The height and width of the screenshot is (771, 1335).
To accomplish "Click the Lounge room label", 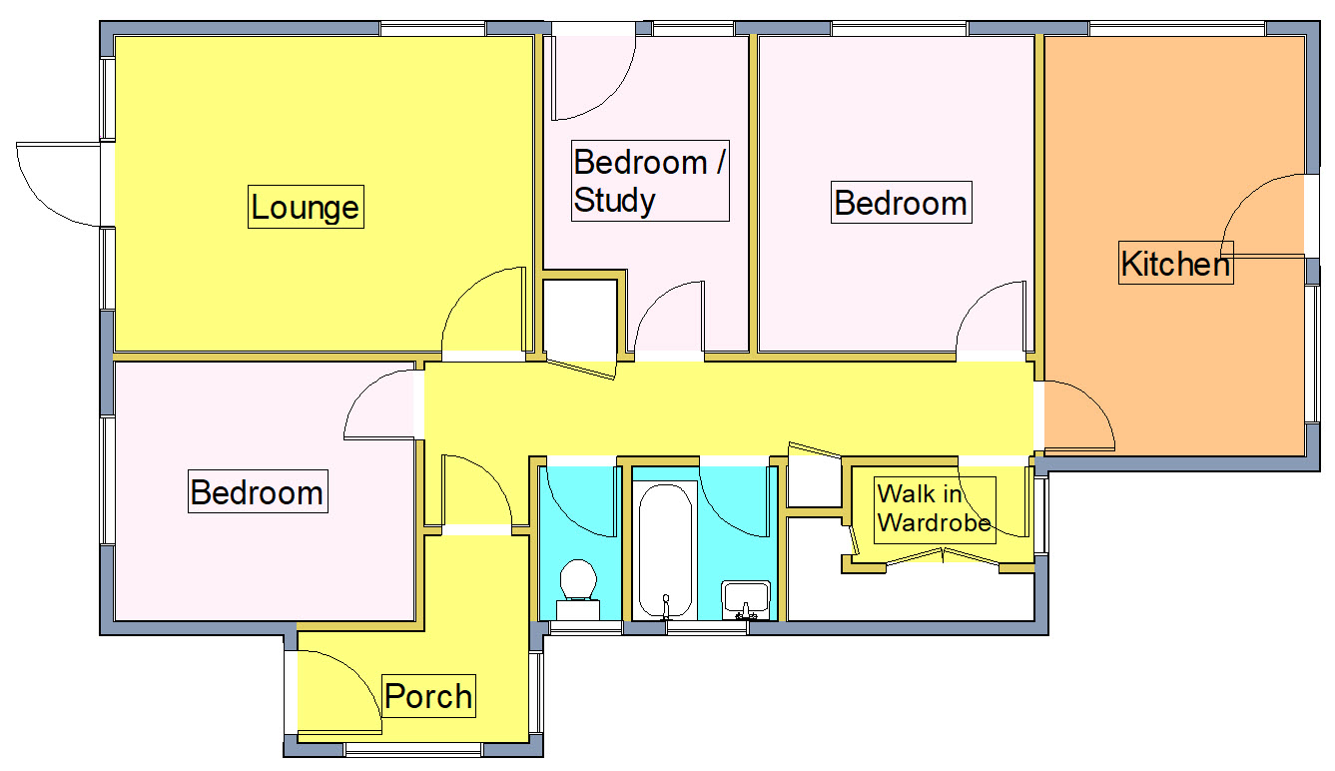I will point(305,208).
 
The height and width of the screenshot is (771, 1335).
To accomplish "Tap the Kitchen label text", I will point(1175,264).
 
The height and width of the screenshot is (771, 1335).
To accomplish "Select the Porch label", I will point(428,696).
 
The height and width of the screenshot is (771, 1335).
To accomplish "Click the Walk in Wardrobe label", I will point(934,508).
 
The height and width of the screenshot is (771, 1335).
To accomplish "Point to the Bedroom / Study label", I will point(649,181).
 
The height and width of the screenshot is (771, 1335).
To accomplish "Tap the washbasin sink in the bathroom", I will point(745,598).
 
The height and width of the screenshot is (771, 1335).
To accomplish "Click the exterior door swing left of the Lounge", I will point(58,184).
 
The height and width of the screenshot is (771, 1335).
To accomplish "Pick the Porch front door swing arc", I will point(334,694).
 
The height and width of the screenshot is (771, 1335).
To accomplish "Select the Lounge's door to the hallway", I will point(482,313).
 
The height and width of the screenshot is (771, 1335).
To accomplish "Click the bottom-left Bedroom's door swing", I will point(379,404).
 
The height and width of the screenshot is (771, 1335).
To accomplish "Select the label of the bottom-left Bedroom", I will point(257,492).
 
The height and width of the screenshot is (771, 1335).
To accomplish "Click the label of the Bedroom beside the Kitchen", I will point(900,203).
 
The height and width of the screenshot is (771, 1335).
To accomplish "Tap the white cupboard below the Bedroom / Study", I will point(579,319).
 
